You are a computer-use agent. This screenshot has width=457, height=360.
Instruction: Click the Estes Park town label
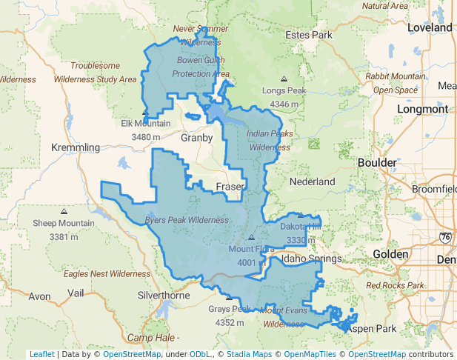pyautogui.click(x=311, y=35)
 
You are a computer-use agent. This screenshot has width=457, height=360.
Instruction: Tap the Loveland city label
pyautogui.click(x=429, y=27)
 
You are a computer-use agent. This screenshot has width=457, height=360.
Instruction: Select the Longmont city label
pyautogui.click(x=423, y=109)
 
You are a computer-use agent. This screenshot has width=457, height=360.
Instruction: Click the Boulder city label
pyautogui.click(x=377, y=162)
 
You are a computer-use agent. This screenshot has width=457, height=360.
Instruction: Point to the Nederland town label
pyautogui.click(x=313, y=181)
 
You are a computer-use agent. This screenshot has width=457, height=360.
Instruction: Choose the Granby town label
pyautogui.click(x=197, y=138)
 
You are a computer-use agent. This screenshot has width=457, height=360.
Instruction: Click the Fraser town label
pyautogui.click(x=230, y=187)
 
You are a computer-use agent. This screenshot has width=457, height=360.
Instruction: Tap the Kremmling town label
pyautogui.click(x=75, y=147)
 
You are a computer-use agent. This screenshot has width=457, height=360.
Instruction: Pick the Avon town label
pyautogui.click(x=39, y=296)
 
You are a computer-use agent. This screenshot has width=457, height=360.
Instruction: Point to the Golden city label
pyautogui.click(x=390, y=254)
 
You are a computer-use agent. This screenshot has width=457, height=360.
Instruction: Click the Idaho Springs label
pyautogui.click(x=311, y=259)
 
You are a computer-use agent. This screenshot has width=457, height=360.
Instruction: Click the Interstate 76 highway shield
pyautogui.click(x=444, y=237)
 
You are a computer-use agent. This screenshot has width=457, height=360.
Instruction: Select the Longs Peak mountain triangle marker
pyautogui.click(x=284, y=79)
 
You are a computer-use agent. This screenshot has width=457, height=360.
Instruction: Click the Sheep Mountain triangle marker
pyautogui.click(x=62, y=210)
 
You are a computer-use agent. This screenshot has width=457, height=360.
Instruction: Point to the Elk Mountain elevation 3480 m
pyautogui.click(x=146, y=137)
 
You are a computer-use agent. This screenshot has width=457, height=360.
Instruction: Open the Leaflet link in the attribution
pyautogui.click(x=42, y=354)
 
